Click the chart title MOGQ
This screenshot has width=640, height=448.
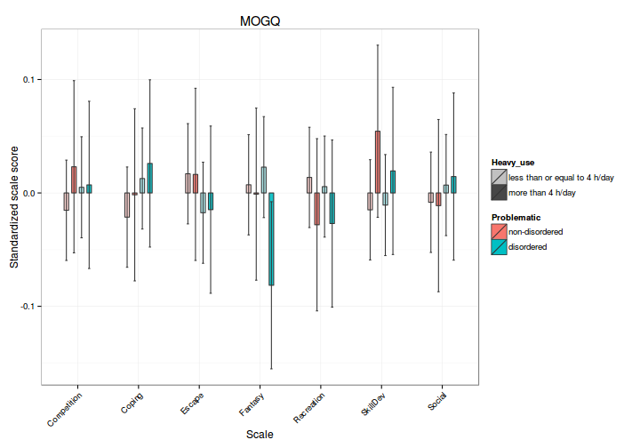point(260,20)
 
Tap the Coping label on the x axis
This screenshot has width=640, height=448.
point(132,402)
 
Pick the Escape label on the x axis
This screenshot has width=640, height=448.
point(191,403)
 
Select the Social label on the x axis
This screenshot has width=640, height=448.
point(437,400)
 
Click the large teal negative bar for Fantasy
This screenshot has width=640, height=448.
point(272,238)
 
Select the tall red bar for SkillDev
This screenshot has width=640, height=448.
point(378,162)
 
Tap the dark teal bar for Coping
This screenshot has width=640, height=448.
point(149,178)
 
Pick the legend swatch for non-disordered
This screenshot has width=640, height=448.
point(499,231)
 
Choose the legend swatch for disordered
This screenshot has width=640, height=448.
point(499,246)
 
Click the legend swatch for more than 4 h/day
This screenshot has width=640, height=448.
point(499,192)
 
